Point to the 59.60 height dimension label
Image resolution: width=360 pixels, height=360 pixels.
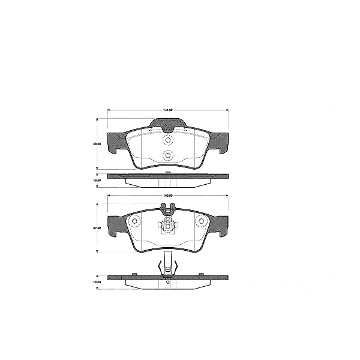pos(95,144)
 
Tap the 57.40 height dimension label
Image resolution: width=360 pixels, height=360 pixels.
pos(95,228)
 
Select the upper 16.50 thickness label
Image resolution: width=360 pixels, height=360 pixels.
pos(95,179)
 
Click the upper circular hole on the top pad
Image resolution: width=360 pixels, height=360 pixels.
pos(168,140)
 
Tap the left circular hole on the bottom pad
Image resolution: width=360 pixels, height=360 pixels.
pos(135,222)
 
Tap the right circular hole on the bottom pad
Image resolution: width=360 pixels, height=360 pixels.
pos(202,222)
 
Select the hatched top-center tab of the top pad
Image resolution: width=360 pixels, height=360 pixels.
pos(168,124)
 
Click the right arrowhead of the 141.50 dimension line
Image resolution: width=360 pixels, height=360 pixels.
pos(227,110)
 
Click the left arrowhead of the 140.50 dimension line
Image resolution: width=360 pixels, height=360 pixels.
pos(109,196)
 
